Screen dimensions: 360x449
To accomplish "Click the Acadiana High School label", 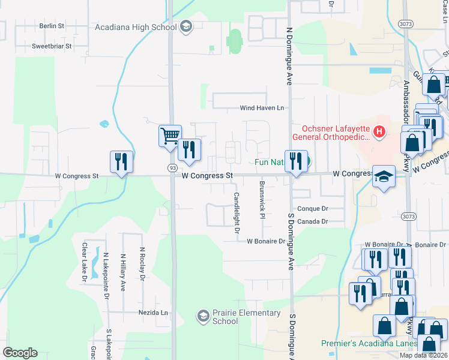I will (136, 26).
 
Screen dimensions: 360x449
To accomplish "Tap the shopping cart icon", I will (170, 135).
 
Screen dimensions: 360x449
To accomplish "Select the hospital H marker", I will (379, 131).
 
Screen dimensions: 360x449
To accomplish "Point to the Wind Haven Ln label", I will (262, 108).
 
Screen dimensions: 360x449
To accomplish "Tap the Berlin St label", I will (52, 26).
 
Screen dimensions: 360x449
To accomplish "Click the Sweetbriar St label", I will (52, 46).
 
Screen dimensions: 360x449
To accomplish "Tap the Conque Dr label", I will (313, 209).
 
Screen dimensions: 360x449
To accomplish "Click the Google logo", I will (20, 353).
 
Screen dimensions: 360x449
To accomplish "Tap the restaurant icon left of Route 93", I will (121, 161).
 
